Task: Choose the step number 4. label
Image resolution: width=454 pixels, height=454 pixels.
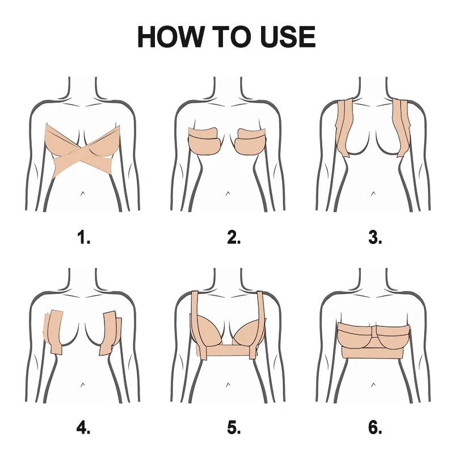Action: (x=84, y=427)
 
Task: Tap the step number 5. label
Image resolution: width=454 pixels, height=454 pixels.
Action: (x=234, y=427)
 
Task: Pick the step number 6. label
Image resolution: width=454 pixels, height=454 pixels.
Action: (x=375, y=427)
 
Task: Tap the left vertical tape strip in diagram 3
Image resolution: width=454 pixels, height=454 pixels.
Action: (x=344, y=128)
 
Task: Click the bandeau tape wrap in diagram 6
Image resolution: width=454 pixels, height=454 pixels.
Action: (x=375, y=340)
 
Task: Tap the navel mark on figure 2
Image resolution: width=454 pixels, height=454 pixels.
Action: (x=228, y=194)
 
